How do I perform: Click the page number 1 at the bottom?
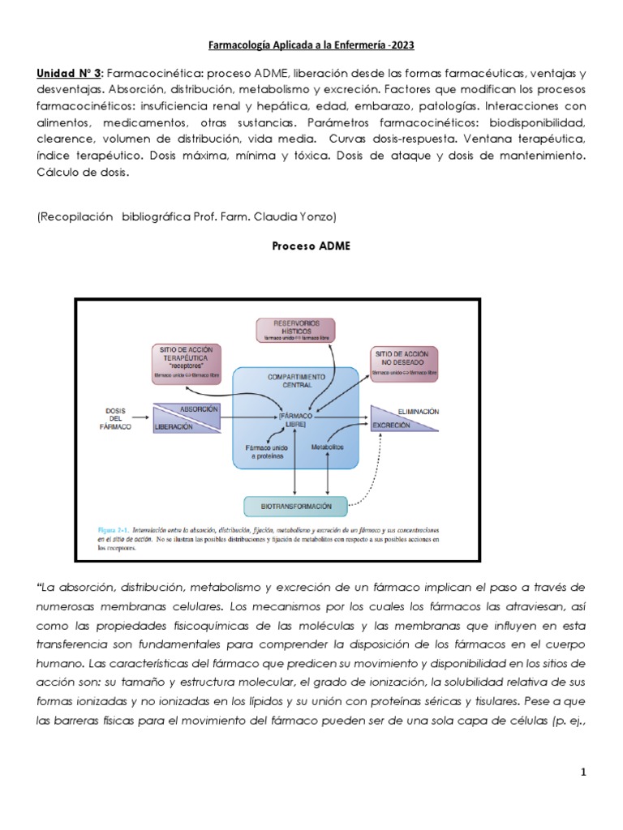(x=582, y=773)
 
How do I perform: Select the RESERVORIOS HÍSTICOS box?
(x=296, y=330)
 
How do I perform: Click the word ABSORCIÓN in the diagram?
(x=198, y=409)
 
